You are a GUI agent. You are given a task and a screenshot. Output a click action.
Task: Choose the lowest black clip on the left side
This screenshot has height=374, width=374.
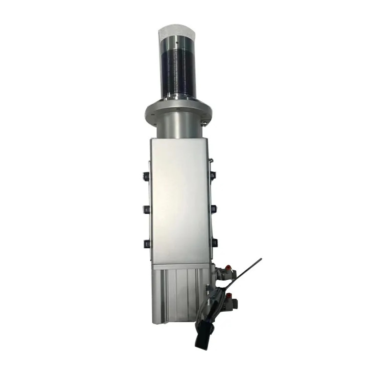point(147,243)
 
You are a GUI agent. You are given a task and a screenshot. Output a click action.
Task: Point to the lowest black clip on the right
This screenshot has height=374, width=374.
point(214,242)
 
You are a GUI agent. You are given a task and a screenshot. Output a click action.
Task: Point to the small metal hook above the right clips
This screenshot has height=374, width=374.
point(211,160)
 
